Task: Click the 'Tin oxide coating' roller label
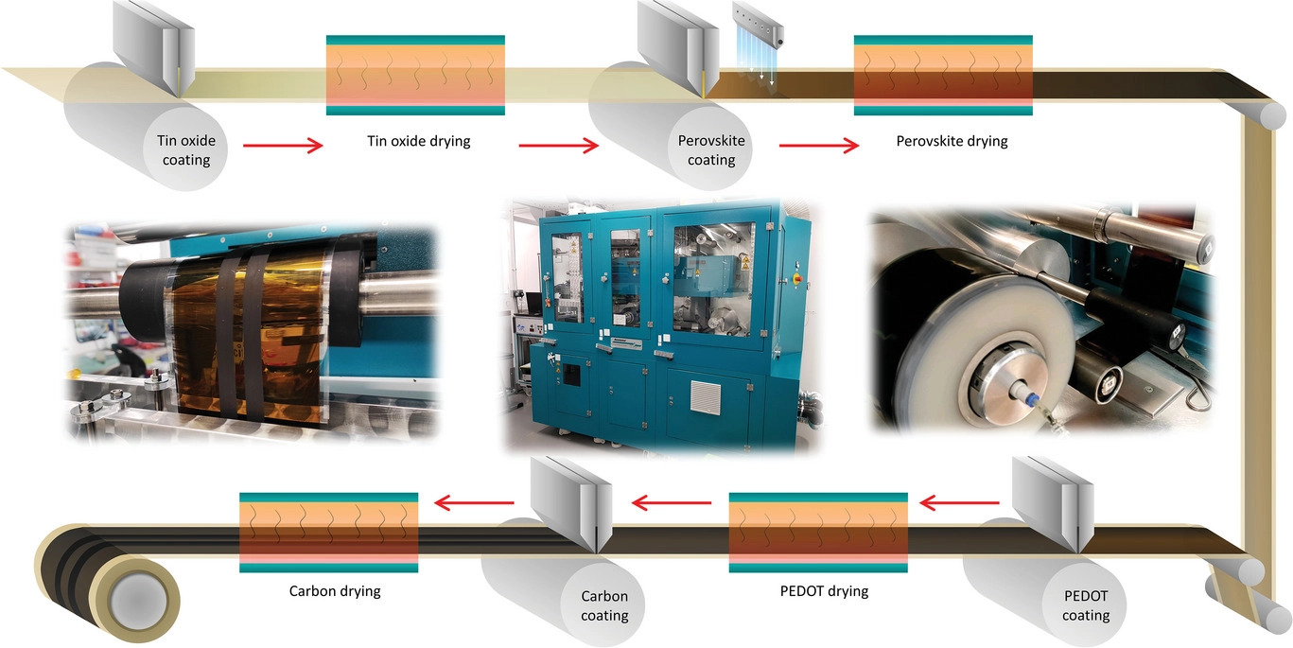pos(186,150)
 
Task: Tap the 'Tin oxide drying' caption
pos(418,142)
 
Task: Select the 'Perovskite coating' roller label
pos(711,150)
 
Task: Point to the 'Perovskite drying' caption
pos(952,142)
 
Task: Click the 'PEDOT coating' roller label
pos(1085,606)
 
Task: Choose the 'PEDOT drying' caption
pos(817,592)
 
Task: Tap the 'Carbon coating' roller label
pos(604,606)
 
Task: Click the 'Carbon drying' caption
pos(335,592)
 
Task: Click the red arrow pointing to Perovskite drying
pos(819,146)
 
